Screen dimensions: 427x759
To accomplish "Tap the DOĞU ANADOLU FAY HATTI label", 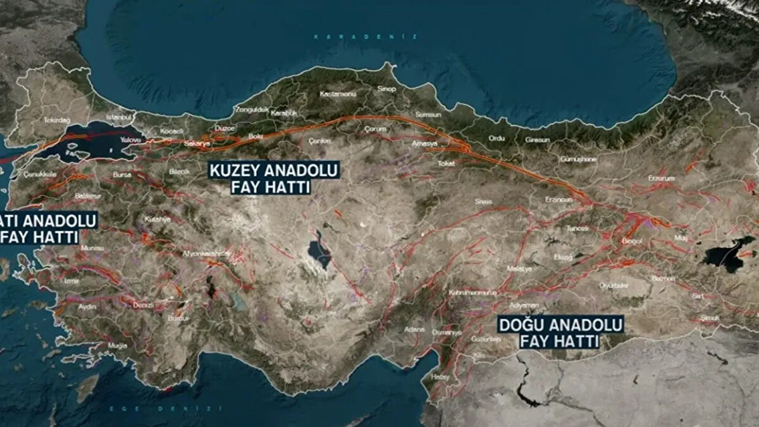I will coord(558,333).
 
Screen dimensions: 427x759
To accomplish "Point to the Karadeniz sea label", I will coord(366,37).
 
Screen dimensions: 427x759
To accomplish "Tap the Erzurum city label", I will coord(662,178).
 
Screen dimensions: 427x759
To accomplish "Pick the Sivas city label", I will coord(483,201).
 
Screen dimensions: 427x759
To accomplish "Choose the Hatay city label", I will coord(438,378).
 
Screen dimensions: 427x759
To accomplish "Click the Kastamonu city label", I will coord(338,94).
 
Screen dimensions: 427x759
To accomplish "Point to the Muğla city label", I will coord(117,345).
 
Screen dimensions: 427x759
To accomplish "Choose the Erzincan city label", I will coord(559,199).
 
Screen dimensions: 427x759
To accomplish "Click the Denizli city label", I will coord(143,305).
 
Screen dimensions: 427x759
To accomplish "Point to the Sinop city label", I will coord(386,89).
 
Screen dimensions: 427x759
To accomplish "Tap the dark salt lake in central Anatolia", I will coord(319,251).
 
